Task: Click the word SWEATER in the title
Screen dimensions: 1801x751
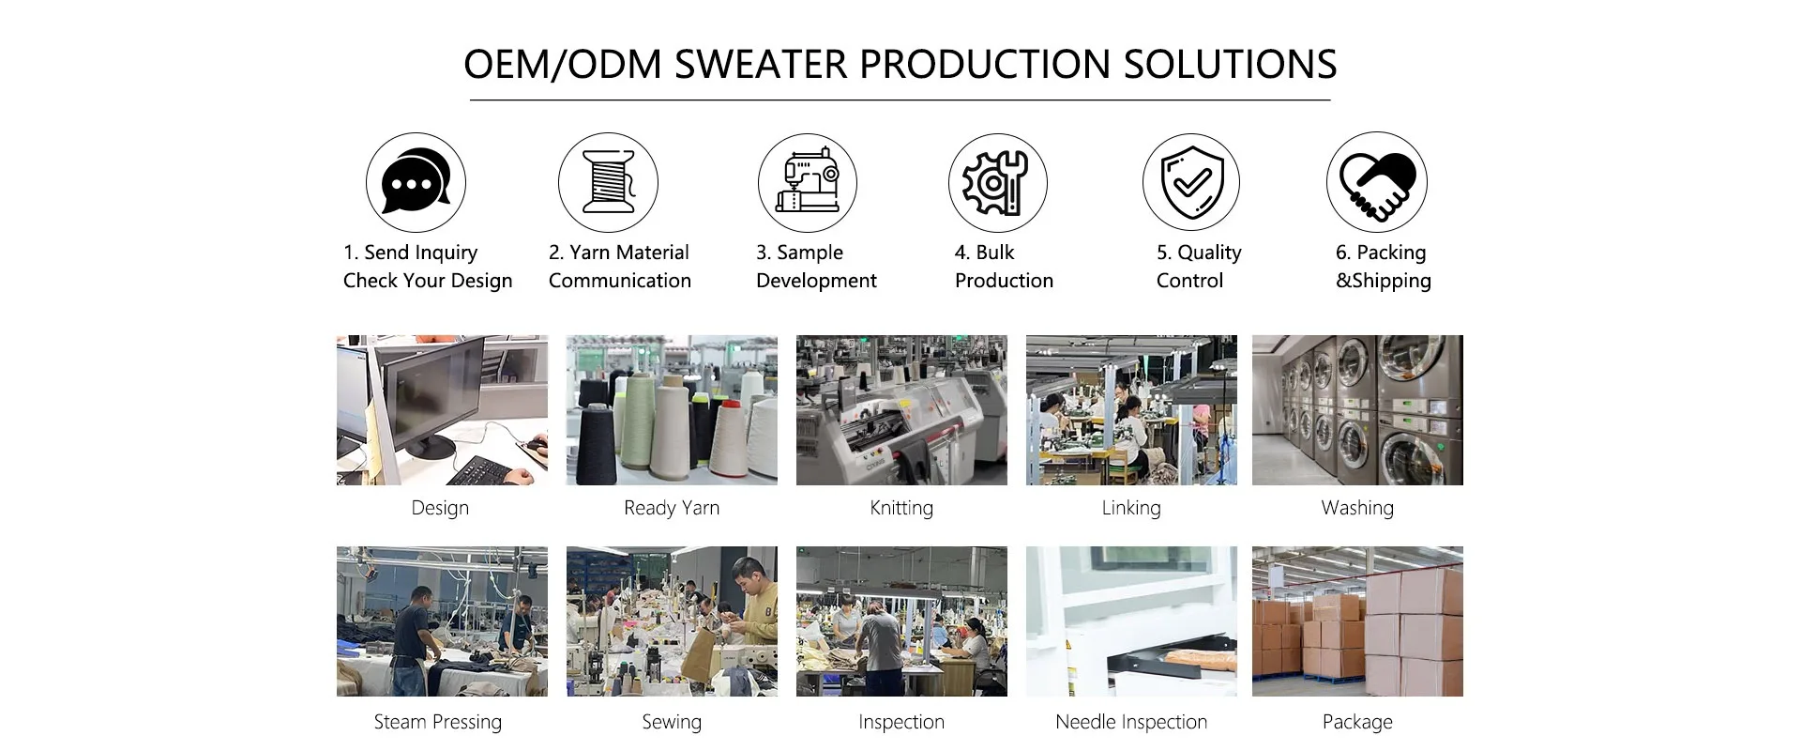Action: point(761,64)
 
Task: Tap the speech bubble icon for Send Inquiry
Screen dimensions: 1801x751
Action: point(416,182)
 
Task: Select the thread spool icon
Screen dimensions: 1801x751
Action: point(608,182)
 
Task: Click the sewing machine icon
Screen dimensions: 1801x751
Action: point(807,182)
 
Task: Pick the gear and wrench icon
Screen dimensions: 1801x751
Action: point(997,182)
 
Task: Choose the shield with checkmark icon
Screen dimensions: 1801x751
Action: point(1190,182)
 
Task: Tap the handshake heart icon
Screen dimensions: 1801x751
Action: point(1376,182)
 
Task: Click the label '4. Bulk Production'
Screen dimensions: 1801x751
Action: point(1004,267)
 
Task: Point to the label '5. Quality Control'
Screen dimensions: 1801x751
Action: point(1199,267)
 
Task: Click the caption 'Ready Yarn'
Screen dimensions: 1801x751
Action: point(672,508)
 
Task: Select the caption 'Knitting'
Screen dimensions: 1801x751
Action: point(901,508)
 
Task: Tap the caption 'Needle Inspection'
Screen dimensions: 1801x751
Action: point(1131,722)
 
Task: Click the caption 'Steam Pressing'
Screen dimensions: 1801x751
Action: point(438,722)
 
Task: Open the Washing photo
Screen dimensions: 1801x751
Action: point(1357,410)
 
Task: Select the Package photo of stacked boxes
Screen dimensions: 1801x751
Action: point(1357,621)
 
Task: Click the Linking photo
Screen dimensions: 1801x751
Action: point(1131,410)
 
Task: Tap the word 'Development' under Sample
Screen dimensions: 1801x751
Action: point(816,281)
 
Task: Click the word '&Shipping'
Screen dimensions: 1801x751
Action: point(1384,281)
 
